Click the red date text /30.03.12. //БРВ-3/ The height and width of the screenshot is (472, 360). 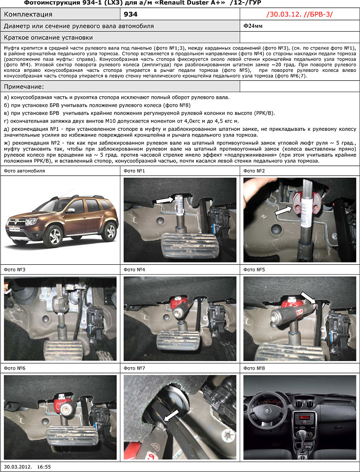coord(299,15)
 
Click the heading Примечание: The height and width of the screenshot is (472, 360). coord(24,87)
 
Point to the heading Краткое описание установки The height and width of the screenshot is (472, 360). coord(48,37)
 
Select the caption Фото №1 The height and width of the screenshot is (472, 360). coord(134,170)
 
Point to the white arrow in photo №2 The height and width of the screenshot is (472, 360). coord(283,211)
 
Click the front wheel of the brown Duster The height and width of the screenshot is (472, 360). coord(55,236)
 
